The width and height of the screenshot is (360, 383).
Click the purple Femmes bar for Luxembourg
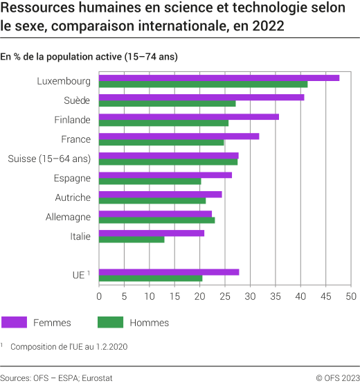tap(219, 78)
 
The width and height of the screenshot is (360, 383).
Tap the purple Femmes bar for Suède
tap(201, 97)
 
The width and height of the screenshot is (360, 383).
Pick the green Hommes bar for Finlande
tap(163, 123)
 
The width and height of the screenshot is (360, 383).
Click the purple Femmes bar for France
tap(179, 136)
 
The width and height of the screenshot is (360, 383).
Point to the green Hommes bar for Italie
tap(132, 240)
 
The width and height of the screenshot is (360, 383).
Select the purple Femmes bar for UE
tap(169, 271)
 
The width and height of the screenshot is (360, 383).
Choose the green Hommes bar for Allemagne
tap(156, 220)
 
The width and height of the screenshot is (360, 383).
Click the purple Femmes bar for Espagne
tap(165, 175)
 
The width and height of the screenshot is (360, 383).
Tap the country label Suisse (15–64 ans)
tap(49, 159)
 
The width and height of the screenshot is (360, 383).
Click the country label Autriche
tap(73, 197)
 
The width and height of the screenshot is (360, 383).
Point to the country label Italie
tap(80, 236)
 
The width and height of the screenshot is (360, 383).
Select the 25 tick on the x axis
tap(225, 296)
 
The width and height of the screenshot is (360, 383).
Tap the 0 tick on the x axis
tap(99, 296)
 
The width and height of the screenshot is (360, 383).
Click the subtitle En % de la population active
tap(89, 57)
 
